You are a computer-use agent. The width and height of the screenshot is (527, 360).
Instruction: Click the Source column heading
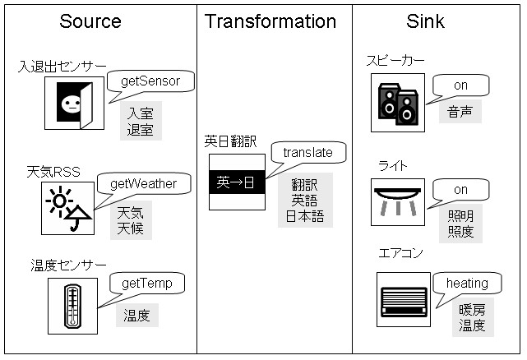click(90, 21)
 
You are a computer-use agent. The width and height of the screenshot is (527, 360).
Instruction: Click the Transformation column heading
click(270, 21)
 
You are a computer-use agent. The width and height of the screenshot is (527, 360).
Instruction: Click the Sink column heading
click(426, 21)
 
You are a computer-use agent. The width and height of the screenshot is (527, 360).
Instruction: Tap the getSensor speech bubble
click(150, 81)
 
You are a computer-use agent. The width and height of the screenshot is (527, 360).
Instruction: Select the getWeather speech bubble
click(149, 183)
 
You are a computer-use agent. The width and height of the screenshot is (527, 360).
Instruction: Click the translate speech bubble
click(307, 153)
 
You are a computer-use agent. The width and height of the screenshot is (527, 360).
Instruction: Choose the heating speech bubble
click(467, 284)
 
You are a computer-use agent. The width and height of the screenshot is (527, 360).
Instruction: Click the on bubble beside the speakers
click(460, 85)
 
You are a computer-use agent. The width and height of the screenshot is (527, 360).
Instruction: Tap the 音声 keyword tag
click(460, 112)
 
